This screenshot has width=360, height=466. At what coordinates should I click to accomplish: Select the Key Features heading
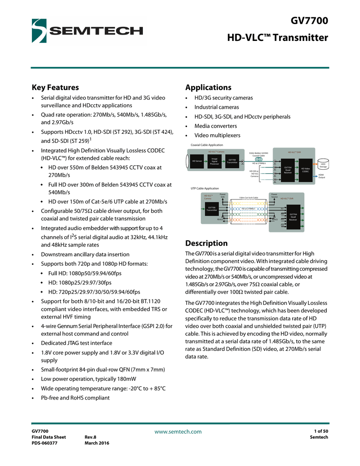(55, 87)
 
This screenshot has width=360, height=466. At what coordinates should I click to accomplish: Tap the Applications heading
(208, 87)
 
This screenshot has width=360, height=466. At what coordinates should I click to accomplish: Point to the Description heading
(206, 243)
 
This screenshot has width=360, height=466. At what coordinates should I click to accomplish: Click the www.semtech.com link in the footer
(178, 431)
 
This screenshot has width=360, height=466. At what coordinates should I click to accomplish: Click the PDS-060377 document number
(44, 443)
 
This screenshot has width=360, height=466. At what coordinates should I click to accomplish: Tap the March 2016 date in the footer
(97, 443)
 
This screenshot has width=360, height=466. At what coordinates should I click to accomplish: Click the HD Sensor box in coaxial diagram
(197, 161)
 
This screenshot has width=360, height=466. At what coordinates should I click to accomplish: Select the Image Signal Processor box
(214, 161)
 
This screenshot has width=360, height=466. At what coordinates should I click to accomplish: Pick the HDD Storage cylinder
(323, 166)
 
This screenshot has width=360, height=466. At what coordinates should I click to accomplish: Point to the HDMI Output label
(321, 176)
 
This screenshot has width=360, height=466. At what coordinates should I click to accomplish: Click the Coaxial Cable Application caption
(203, 145)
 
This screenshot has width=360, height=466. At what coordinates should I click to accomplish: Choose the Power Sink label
(223, 196)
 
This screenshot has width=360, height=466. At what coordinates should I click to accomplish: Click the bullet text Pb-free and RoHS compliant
(75, 398)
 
